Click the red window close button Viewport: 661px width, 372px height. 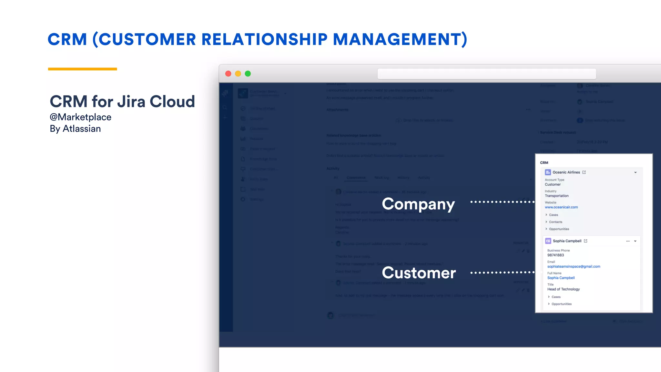pos(228,74)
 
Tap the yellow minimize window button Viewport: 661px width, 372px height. pos(238,74)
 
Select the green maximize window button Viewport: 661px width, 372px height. pos(248,74)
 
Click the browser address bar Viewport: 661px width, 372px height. pos(486,74)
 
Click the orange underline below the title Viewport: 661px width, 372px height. pos(82,69)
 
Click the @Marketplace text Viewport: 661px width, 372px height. pos(80,117)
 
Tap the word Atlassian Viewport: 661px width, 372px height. pos(82,129)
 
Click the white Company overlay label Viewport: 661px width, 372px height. pos(418,204)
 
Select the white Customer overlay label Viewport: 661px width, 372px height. pos(419,273)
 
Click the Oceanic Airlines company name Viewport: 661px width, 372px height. pos(566,172)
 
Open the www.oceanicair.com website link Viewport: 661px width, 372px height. pos(561,207)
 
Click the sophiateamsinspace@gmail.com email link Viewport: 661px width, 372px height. pos(574,266)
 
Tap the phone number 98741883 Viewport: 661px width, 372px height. pos(555,255)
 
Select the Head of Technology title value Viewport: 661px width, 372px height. pos(563,289)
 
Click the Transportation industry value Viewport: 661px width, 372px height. pos(556,196)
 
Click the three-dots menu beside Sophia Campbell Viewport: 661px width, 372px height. pos(627,241)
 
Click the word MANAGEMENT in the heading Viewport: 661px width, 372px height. pos(400,39)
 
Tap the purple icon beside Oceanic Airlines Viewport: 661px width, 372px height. pos(548,172)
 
